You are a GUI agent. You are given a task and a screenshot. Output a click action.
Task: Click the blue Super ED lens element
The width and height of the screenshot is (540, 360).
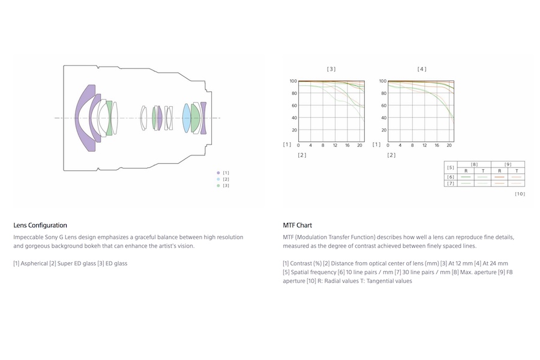[x=186, y=118]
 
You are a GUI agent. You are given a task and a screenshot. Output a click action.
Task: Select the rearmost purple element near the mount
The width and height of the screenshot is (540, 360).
[x=203, y=118]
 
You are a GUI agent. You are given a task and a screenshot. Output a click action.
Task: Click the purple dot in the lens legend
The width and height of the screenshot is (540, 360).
[x=218, y=173]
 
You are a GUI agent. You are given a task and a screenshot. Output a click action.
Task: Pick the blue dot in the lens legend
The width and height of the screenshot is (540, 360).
[x=218, y=179]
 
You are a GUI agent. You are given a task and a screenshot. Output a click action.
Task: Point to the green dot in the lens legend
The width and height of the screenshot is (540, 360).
[x=218, y=185]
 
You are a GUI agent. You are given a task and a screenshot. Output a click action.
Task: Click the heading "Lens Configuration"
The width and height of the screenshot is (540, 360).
[x=40, y=226]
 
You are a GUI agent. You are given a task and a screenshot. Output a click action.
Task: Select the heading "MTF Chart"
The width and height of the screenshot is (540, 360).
[x=297, y=226]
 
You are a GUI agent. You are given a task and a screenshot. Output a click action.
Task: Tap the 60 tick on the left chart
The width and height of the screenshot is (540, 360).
[x=294, y=106]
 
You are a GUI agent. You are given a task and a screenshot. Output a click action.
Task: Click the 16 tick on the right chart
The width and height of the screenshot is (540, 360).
[x=437, y=145]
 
